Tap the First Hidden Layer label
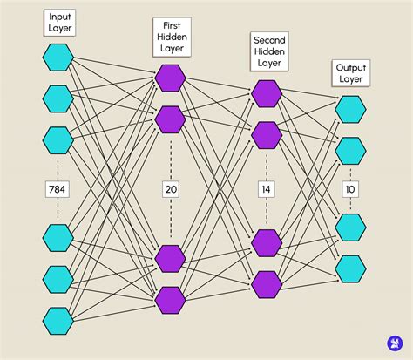171,37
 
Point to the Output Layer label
352,73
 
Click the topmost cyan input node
58,58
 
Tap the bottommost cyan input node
58,320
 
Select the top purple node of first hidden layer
171,78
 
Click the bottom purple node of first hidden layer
171,299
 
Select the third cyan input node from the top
58,139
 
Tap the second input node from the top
58,98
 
